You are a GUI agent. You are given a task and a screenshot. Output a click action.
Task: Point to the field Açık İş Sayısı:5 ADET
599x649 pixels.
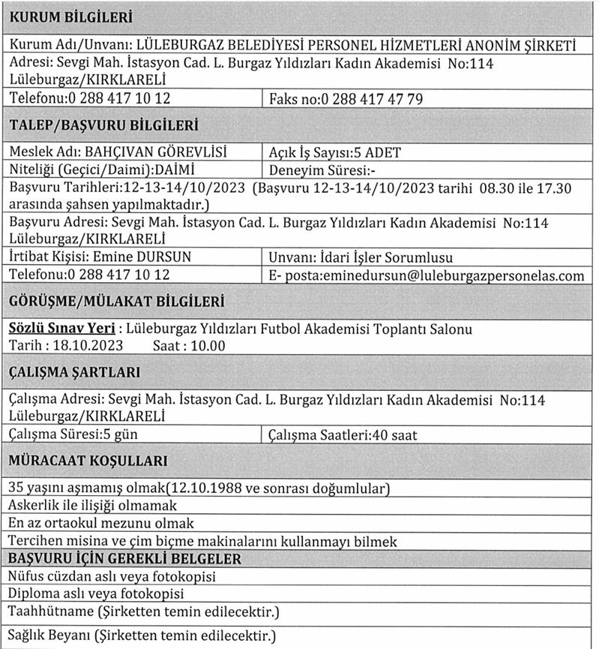tap(334, 153)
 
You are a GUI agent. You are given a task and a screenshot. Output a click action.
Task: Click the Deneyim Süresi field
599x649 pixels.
tap(322, 168)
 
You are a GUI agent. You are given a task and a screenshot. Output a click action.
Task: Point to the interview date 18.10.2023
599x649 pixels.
tap(83, 345)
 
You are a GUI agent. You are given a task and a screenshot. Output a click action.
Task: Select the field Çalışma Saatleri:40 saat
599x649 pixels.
tap(343, 434)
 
